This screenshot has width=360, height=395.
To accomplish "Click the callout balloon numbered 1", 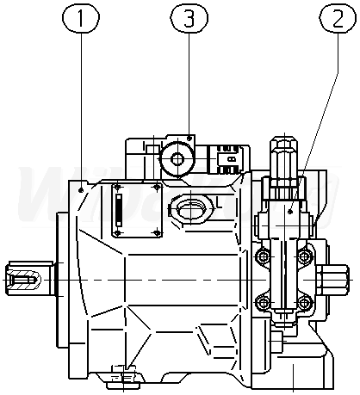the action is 81,17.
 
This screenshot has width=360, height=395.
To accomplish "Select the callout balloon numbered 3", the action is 189,17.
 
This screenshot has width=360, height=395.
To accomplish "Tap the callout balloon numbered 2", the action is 338,17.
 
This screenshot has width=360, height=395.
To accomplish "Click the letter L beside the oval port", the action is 219,203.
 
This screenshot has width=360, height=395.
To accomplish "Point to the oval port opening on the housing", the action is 189,208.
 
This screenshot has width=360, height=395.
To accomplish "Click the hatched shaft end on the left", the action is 23,279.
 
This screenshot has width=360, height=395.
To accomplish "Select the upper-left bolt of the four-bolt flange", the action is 263,256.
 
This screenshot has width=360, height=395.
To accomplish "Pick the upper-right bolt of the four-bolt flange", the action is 303,256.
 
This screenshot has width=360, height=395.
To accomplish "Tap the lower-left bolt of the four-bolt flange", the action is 263,303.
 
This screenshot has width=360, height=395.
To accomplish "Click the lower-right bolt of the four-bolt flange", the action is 303,303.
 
